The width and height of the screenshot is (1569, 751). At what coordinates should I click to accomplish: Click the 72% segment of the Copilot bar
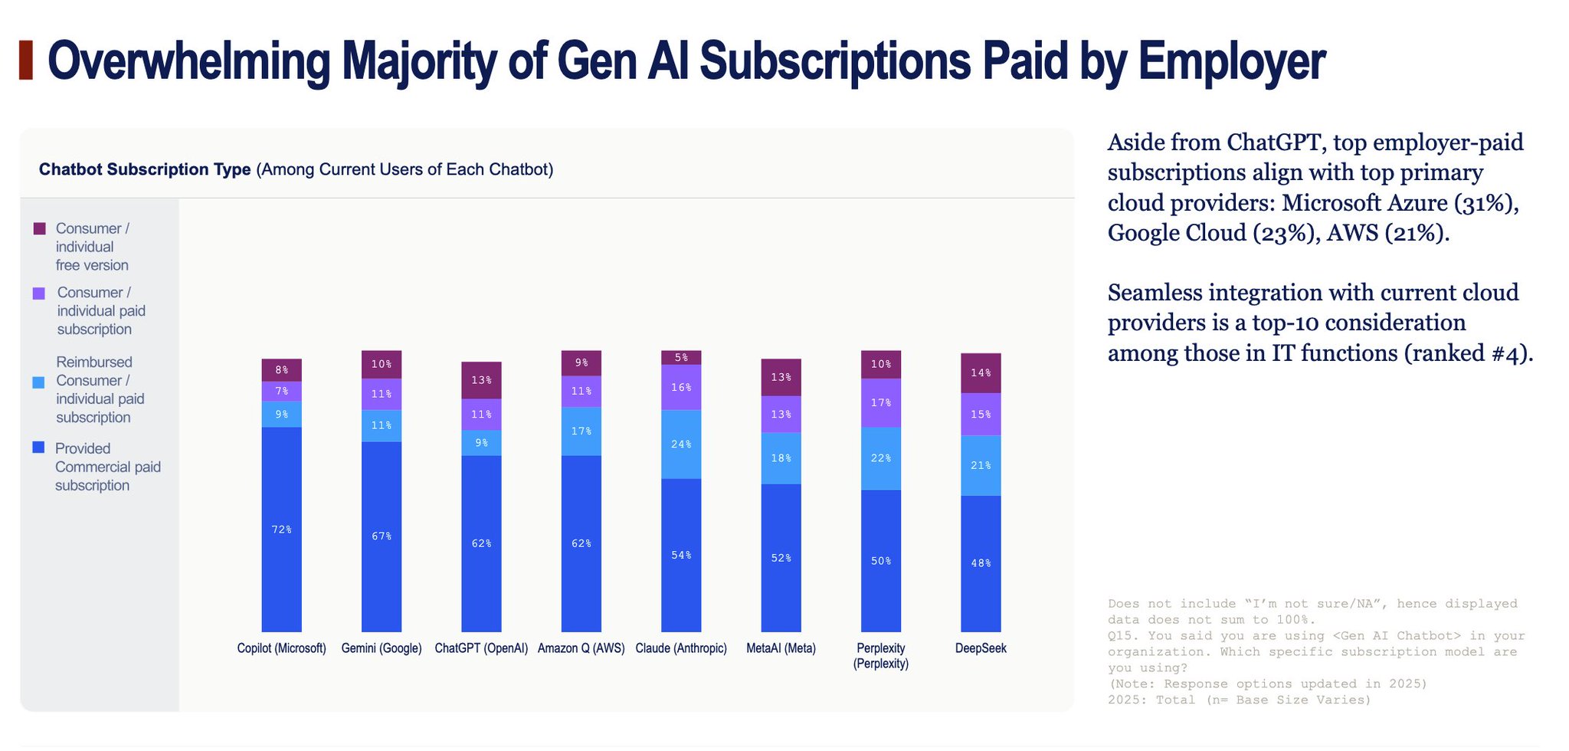tap(281, 530)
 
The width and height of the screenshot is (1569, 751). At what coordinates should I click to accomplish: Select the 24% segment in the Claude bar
tap(681, 444)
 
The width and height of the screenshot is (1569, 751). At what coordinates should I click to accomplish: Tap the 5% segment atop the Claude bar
tap(681, 358)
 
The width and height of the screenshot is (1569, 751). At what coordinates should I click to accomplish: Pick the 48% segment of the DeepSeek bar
tap(981, 564)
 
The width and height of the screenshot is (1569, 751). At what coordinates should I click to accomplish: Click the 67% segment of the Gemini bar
tap(382, 536)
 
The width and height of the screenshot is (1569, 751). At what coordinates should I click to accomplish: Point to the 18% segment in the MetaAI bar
tap(781, 458)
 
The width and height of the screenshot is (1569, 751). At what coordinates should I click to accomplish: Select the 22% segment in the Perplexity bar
tap(881, 458)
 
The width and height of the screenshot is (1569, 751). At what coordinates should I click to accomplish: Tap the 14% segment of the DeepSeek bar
tap(981, 373)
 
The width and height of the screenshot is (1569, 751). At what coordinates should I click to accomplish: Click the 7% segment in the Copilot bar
tap(281, 392)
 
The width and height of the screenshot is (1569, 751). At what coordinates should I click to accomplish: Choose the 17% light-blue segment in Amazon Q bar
tap(581, 431)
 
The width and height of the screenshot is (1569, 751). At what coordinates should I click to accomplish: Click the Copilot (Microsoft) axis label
tap(281, 648)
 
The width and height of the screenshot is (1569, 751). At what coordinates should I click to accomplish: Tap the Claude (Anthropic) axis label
tap(681, 648)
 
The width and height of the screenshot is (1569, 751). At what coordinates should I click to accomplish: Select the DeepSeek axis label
tap(981, 648)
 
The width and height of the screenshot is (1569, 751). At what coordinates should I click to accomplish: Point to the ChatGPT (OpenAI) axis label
tap(481, 648)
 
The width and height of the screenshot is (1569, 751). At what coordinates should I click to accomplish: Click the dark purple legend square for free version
tap(40, 228)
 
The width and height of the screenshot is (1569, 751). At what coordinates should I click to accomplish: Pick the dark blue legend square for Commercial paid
tap(38, 448)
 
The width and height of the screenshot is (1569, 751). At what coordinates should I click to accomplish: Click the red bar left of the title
tap(26, 61)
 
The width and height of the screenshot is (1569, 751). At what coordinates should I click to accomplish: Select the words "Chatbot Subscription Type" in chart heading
tap(145, 169)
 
